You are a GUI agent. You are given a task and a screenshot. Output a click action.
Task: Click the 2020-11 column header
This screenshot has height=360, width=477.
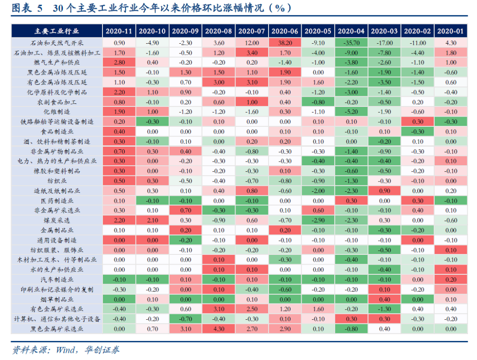(x=119, y=31)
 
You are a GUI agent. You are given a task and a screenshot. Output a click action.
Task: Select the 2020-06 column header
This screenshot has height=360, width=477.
(x=285, y=31)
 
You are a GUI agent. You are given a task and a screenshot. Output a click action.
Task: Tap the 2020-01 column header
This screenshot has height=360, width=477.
(x=450, y=31)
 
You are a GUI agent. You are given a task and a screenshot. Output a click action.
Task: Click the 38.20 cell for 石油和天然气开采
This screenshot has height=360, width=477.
(x=285, y=43)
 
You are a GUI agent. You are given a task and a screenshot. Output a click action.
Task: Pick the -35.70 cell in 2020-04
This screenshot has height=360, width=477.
(x=351, y=43)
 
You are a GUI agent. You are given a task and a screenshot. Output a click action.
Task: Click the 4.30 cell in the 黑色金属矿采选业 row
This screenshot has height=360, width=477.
(x=219, y=329)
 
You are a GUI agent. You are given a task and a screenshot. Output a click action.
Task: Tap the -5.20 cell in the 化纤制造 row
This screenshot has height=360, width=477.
(x=351, y=112)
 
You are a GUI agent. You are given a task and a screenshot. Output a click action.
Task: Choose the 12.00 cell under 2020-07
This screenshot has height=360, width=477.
(x=252, y=43)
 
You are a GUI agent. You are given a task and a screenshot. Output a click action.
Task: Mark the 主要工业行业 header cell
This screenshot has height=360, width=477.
(x=57, y=31)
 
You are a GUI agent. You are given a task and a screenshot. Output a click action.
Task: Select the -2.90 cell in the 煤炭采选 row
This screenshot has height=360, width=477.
(x=318, y=220)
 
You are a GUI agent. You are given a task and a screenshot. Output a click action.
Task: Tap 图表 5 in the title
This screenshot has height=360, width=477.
(x=27, y=8)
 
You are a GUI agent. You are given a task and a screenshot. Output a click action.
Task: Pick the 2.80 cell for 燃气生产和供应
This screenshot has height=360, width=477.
(x=119, y=62)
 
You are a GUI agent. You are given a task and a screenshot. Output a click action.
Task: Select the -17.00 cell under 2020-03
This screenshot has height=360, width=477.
(x=384, y=43)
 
